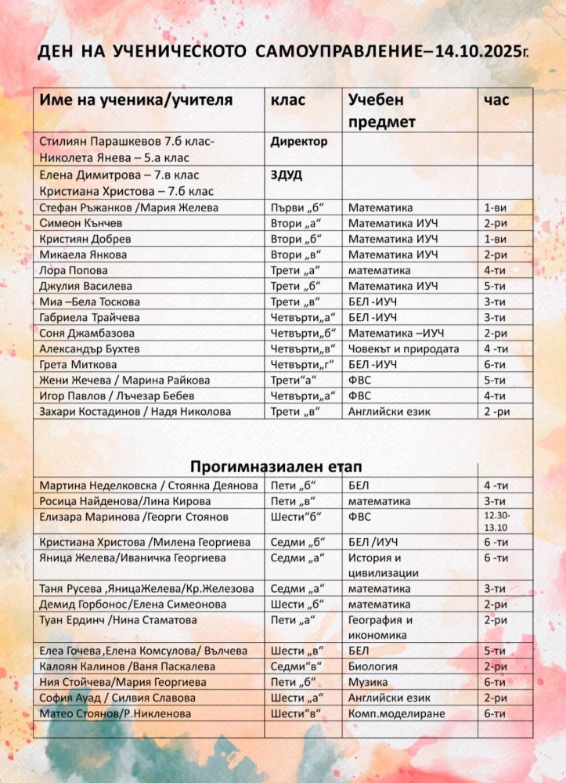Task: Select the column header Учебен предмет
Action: [382, 111]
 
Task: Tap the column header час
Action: [496, 100]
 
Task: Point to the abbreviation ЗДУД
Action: [287, 175]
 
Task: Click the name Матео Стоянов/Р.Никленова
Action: [114, 713]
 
